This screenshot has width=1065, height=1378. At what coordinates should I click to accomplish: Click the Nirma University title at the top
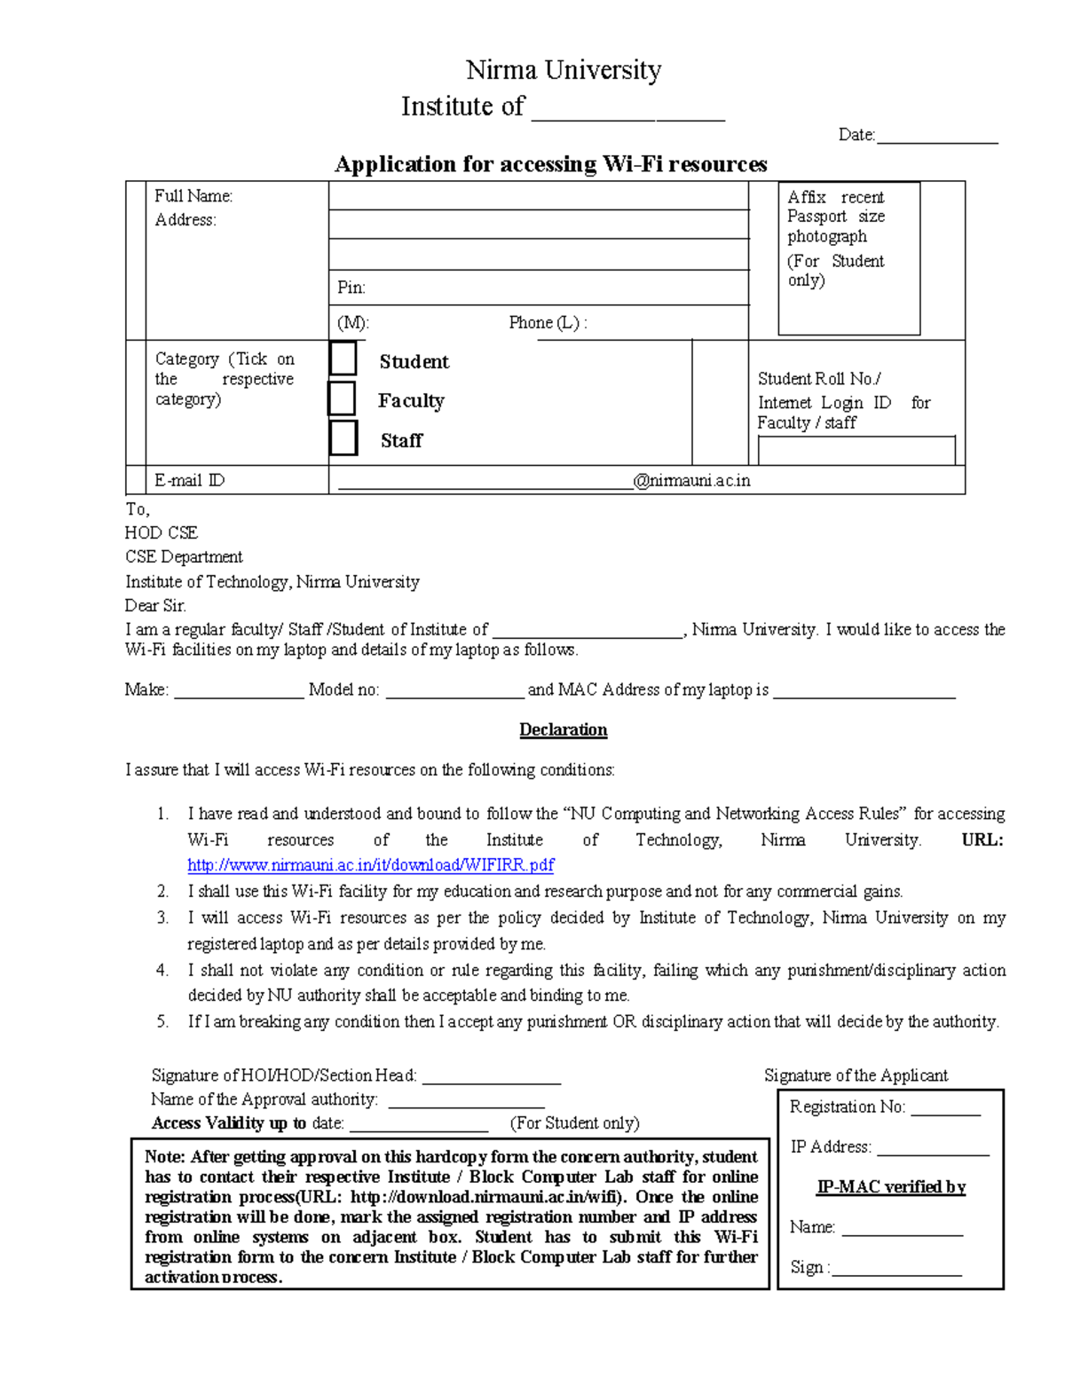[x=564, y=70]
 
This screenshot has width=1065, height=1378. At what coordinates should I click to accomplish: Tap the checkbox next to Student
[x=343, y=358]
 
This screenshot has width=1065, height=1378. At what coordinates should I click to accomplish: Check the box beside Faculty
[x=342, y=398]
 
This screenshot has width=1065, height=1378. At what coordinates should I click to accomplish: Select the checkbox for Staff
[x=343, y=438]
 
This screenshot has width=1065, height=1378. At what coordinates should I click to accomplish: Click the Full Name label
[x=193, y=196]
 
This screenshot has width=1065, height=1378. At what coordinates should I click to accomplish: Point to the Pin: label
[x=351, y=287]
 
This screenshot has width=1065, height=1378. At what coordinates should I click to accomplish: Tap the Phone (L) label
[x=547, y=323]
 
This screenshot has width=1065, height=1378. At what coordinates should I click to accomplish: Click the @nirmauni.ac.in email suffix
[x=691, y=481]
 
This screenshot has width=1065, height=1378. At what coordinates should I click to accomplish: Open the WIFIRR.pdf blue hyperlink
[x=371, y=865]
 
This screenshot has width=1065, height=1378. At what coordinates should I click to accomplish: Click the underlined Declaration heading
[x=564, y=730]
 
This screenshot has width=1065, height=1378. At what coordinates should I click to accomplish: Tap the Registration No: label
[x=847, y=1107]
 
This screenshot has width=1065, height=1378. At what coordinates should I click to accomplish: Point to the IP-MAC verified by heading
[x=891, y=1187]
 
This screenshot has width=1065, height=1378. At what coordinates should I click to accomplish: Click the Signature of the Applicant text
[x=856, y=1075]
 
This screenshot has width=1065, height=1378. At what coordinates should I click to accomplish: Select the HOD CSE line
[x=162, y=533]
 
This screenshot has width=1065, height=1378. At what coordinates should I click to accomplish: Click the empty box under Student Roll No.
[x=856, y=451]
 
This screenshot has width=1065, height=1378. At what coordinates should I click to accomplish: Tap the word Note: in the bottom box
[x=165, y=1157]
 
